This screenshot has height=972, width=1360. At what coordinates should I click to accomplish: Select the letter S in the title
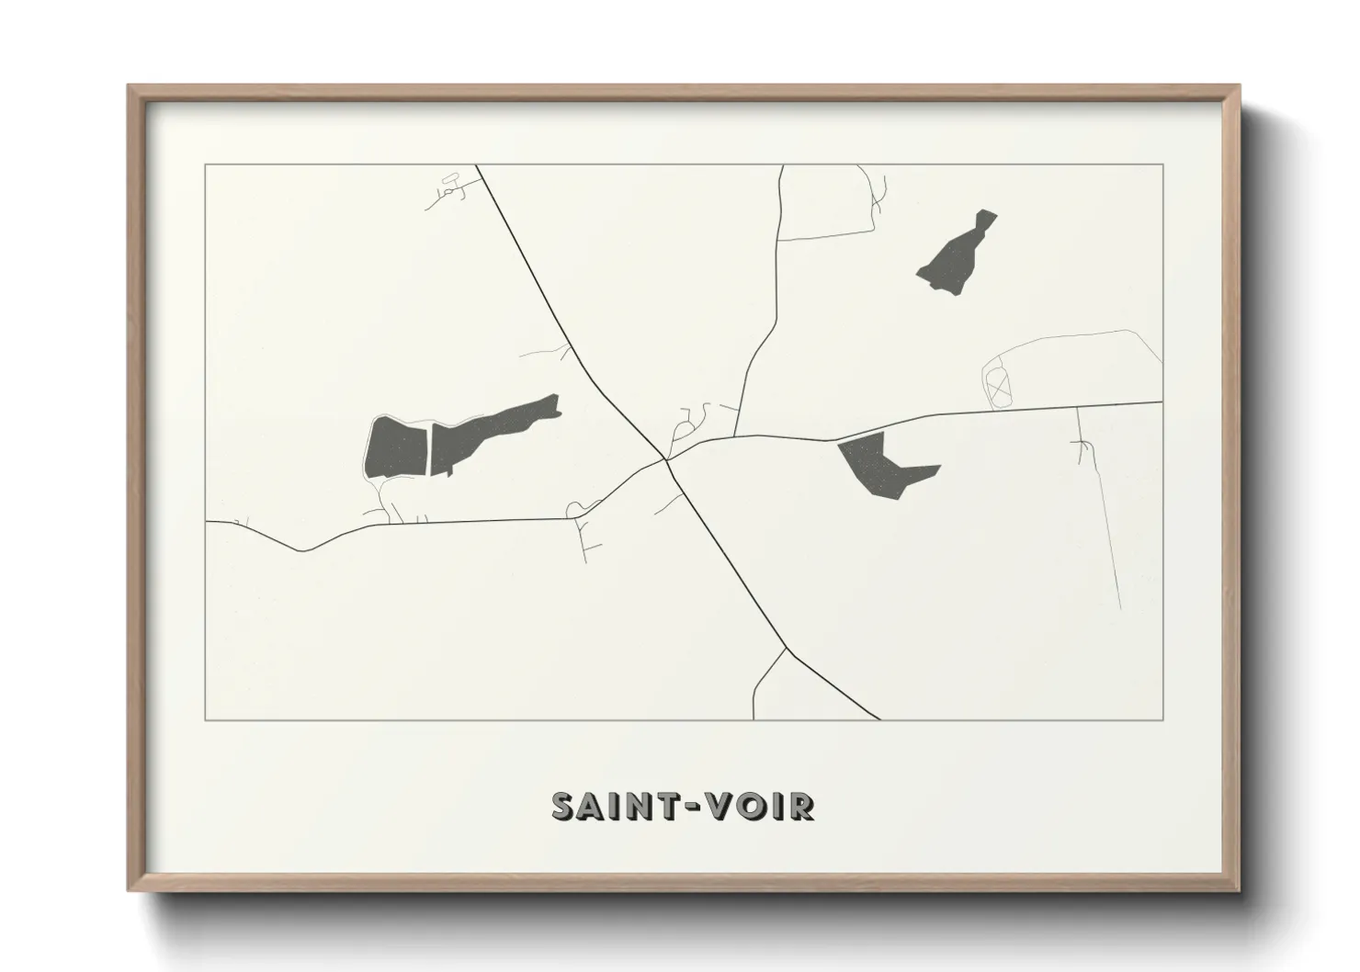pos(562,807)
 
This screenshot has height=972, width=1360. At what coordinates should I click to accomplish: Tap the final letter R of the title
pos(800,807)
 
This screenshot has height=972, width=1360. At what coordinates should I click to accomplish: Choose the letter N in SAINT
pos(637,807)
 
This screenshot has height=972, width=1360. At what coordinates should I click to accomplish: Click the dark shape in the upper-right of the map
pos(956,254)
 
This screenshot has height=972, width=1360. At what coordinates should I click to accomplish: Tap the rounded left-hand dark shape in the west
pos(396,447)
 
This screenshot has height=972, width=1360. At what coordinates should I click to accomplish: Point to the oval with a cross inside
pos(997,385)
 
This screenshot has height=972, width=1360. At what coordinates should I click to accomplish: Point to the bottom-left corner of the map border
pos(206,720)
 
